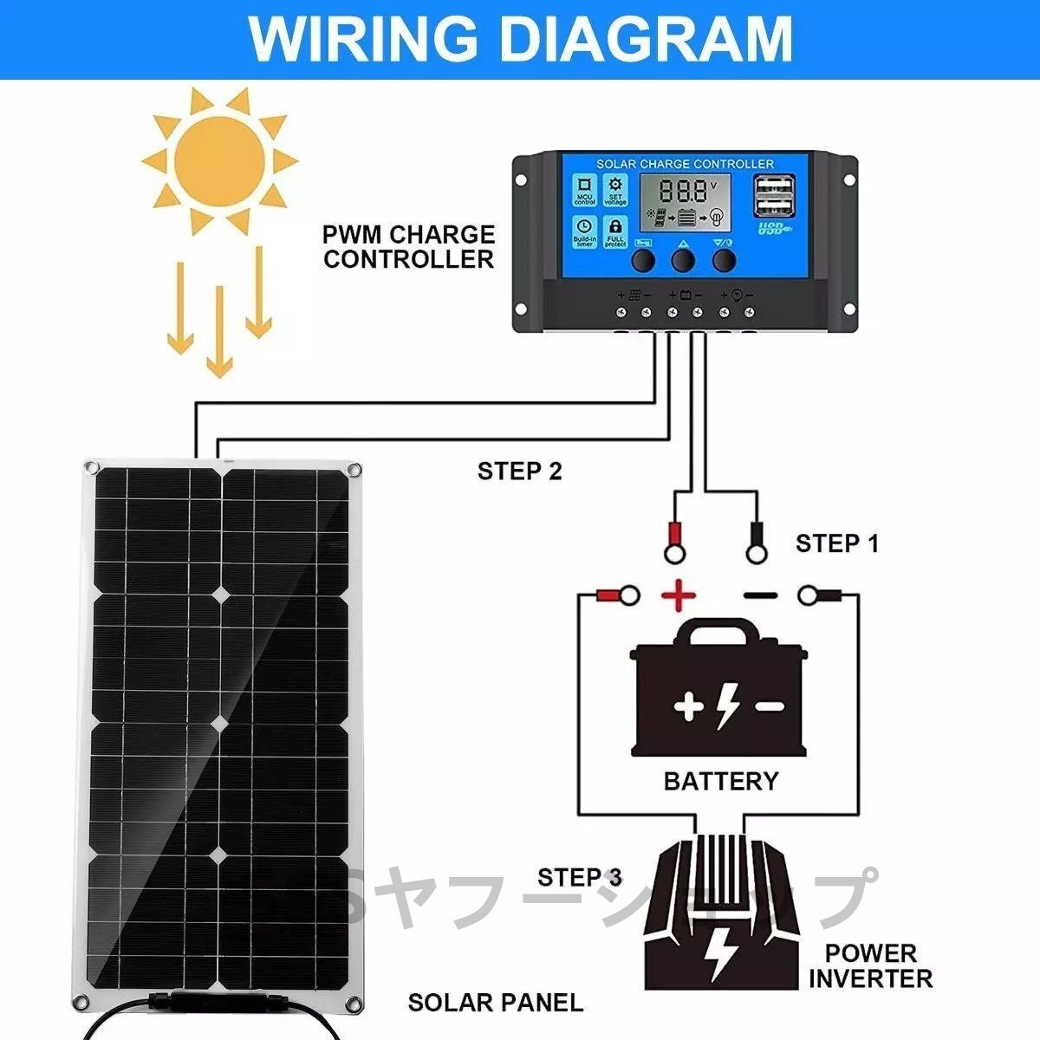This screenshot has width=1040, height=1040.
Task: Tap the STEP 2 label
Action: click(x=519, y=471)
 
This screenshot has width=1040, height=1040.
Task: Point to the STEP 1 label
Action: click(x=836, y=543)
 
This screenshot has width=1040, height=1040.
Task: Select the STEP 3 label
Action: click(x=579, y=877)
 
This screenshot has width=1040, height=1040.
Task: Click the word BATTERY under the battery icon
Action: click(x=720, y=781)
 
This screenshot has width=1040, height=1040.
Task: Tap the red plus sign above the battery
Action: click(x=679, y=595)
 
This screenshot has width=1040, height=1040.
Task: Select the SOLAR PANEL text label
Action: click(x=496, y=1003)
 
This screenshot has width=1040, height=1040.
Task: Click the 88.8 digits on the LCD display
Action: click(x=682, y=192)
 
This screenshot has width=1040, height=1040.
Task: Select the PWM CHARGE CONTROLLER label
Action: click(x=408, y=247)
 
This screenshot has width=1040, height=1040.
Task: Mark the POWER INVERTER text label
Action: click(x=869, y=966)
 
